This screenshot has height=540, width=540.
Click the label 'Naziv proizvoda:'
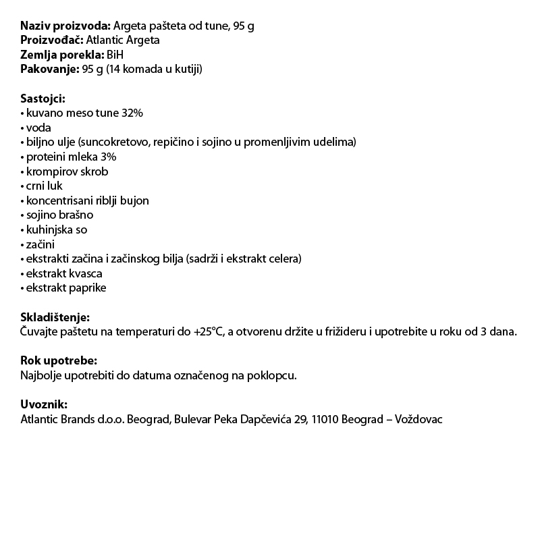65,26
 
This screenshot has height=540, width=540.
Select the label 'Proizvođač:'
55,40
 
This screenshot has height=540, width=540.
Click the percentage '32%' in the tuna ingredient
132,113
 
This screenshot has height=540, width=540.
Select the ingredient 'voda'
38,128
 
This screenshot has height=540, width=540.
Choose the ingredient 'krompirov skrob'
67,171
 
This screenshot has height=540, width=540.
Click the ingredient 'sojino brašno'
59,215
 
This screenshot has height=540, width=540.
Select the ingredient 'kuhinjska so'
57,230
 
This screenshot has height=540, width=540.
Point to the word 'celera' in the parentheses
284,259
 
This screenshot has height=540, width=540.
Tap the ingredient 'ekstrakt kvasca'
64,274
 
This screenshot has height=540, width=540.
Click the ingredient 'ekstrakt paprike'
66,288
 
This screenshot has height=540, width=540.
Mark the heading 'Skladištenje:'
55,317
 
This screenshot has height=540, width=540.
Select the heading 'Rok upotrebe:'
59,361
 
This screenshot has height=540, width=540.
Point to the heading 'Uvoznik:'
44,404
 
